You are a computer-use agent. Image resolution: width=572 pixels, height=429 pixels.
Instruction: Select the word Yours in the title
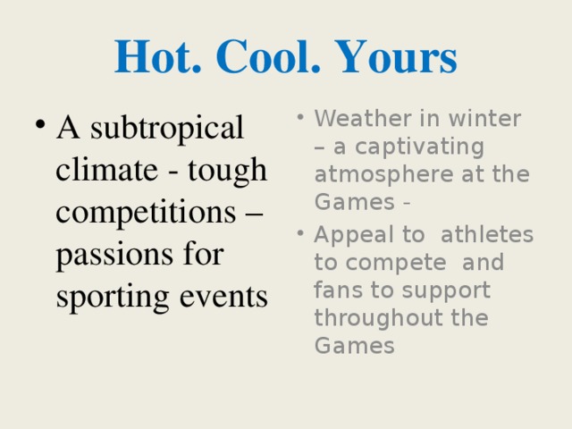point(396,56)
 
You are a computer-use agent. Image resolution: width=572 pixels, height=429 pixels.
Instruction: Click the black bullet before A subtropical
point(40,124)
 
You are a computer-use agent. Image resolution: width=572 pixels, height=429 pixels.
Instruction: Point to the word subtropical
point(167,129)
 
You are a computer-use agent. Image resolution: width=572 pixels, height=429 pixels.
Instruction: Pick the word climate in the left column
point(106,169)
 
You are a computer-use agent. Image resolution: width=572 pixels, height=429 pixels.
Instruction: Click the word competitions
point(146,214)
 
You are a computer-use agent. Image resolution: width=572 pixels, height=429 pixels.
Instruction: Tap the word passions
point(114,256)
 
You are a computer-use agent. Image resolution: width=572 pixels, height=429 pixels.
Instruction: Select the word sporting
point(113,298)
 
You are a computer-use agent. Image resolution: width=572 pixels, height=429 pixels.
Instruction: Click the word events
point(223,297)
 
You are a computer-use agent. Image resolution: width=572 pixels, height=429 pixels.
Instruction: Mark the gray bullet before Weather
point(300,117)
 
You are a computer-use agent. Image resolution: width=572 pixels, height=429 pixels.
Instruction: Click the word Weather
point(364,118)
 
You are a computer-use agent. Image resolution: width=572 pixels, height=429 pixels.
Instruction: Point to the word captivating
point(419,147)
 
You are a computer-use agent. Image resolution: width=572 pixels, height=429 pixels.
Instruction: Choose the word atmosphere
point(384,174)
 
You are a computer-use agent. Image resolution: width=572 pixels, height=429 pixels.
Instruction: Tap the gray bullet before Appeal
point(300,233)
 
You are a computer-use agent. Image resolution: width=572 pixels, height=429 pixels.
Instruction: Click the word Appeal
point(354,235)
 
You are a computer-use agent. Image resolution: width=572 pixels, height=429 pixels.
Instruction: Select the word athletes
point(487,234)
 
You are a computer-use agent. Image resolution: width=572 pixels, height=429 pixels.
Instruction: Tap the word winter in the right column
point(484,118)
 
